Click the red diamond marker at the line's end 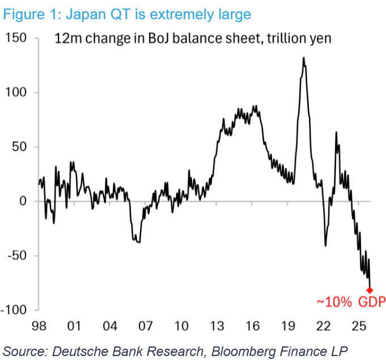(x=370, y=290)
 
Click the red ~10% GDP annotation (x=351, y=302)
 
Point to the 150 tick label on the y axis (x=16, y=38)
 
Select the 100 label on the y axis (x=16, y=92)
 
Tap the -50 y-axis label (x=17, y=256)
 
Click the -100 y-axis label (x=14, y=310)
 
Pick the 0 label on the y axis (x=23, y=201)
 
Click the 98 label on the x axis (x=39, y=326)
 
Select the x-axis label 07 (x=146, y=326)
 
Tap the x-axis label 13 (x=217, y=326)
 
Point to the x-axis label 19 (x=288, y=326)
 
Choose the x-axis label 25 (x=359, y=326)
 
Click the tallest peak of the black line (x=304, y=58)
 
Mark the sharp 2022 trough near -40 (x=325, y=245)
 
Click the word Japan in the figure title (x=86, y=15)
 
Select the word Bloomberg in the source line (x=244, y=351)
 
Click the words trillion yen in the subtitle (x=299, y=39)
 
